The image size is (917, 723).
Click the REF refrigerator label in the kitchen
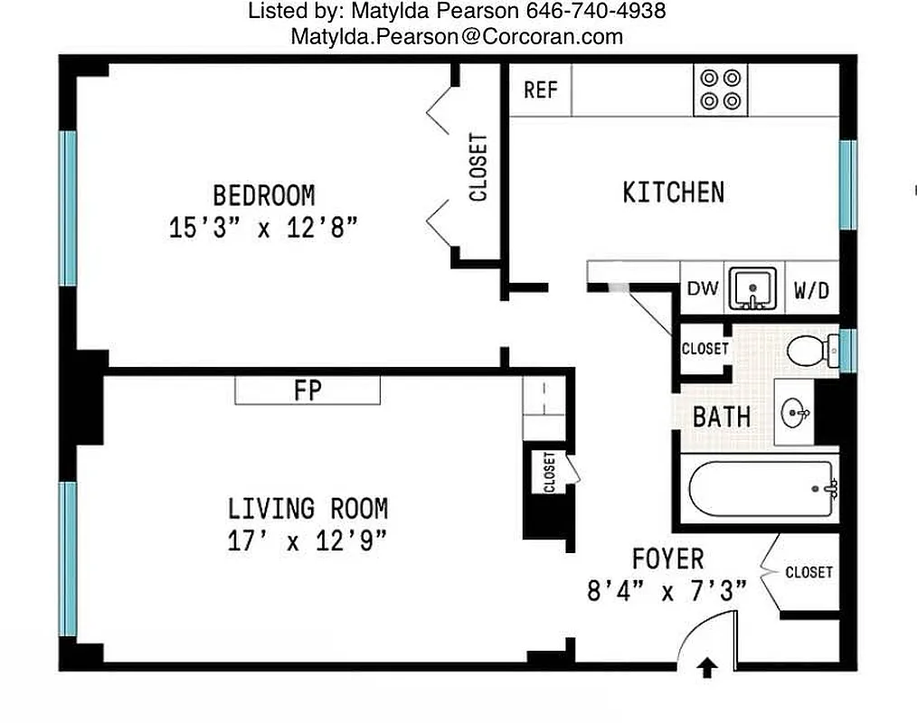coord(541,90)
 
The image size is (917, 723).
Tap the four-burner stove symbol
coord(721,89)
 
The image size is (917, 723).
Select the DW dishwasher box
coord(703,289)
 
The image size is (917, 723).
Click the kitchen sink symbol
coord(753,289)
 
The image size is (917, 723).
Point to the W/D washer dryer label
coord(811,291)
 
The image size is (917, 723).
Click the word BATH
coord(722,417)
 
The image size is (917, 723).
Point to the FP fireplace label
coord(307,390)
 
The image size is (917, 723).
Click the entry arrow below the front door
coord(706,667)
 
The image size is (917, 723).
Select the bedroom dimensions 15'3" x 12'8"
coord(263,227)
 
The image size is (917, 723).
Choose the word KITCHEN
coord(674,192)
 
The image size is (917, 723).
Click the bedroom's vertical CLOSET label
coord(477,168)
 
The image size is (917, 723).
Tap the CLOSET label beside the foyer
coord(808,572)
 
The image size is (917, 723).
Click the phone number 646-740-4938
coord(596,12)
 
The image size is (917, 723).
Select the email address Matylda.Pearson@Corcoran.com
coord(457,37)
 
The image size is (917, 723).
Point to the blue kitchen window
coord(846,185)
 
